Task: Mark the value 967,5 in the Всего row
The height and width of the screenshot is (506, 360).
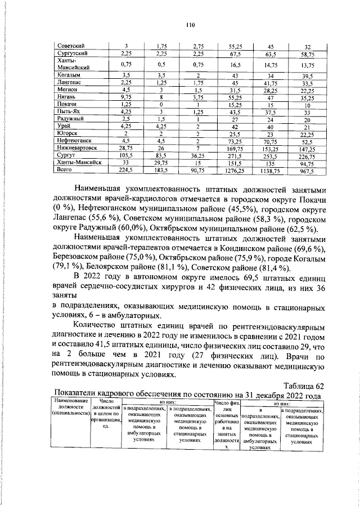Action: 308,168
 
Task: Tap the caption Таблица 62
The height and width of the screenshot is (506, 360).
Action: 304,385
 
